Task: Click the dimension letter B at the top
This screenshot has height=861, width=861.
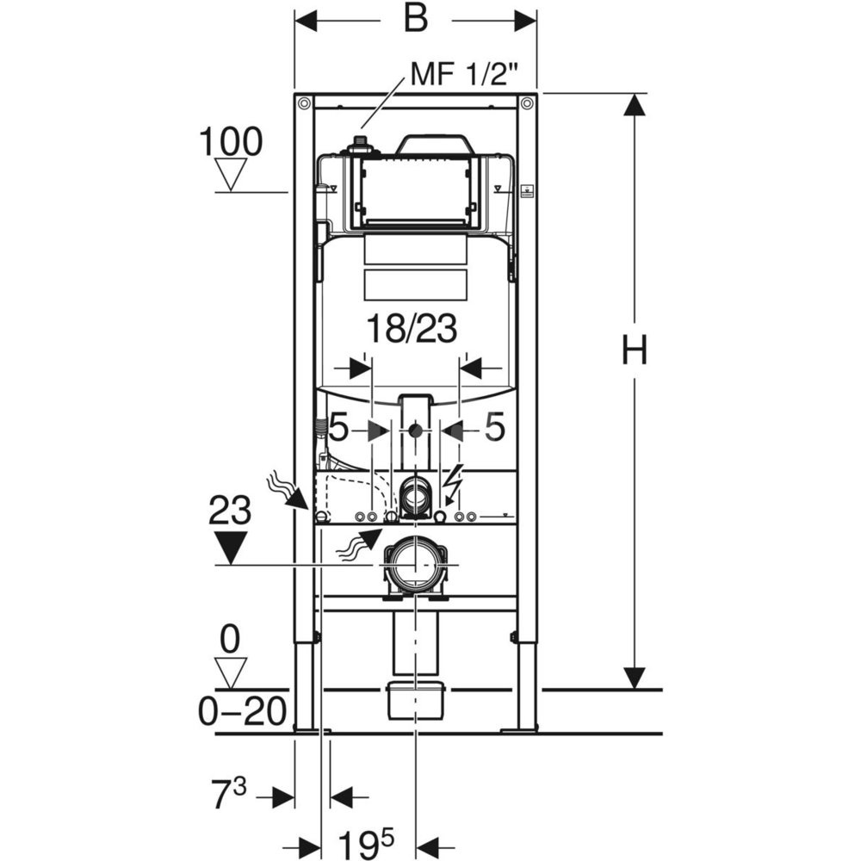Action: [x=416, y=19]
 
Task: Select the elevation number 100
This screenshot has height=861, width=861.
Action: [x=231, y=142]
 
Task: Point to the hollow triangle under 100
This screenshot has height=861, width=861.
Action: [x=230, y=174]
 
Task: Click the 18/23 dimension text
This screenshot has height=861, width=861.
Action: [x=412, y=330]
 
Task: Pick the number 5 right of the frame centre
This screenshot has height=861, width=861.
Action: [x=493, y=428]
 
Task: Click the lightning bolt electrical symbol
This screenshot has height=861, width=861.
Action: [x=455, y=479]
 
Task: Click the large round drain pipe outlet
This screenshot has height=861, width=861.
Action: [x=416, y=565]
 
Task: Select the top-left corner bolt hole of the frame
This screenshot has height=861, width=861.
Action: [x=304, y=103]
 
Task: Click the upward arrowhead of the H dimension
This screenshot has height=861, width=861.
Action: [x=635, y=105]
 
